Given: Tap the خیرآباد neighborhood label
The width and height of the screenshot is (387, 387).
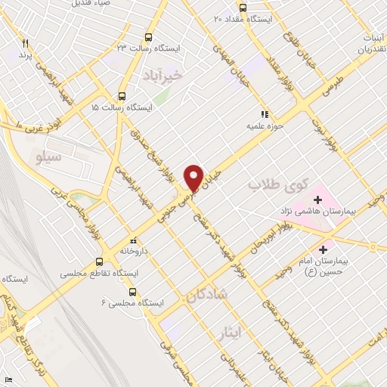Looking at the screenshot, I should click(x=163, y=76).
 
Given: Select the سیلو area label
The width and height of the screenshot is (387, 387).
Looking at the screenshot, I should click(x=48, y=157).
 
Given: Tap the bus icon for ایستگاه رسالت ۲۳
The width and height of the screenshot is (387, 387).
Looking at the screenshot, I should click(x=147, y=37).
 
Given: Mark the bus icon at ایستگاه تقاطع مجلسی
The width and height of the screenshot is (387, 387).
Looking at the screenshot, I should click(x=99, y=262).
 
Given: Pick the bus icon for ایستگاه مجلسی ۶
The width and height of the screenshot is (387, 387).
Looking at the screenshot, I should click(x=132, y=292).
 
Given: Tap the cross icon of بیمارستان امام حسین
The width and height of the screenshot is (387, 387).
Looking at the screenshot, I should click(x=324, y=248).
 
